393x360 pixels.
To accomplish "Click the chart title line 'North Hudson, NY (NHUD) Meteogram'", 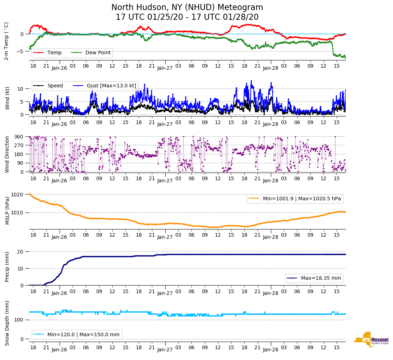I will coord(187,7).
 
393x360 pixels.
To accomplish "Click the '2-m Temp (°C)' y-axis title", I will coord(6,41).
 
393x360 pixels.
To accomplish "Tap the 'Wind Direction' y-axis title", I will coord(7,154).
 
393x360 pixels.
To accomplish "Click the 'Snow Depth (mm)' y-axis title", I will coord(7,323).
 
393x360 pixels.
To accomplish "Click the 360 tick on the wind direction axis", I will coord(19,137).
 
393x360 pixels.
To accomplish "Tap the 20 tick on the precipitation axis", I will coord(20,252).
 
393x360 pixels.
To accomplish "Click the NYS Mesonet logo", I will coord(371,340).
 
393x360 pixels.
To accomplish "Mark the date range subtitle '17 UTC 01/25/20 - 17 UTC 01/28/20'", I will coord(187,17).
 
